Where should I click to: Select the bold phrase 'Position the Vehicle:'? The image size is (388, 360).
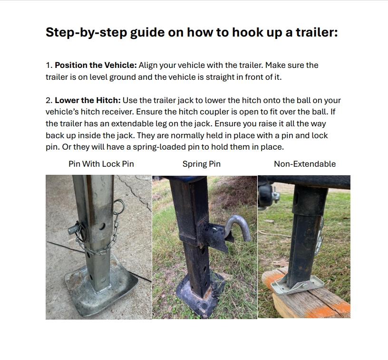(96, 65)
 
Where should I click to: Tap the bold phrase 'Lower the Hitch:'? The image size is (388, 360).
(87, 100)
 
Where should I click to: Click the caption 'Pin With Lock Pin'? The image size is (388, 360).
(101, 164)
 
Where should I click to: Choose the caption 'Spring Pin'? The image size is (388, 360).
(202, 164)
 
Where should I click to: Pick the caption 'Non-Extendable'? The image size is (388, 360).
(305, 164)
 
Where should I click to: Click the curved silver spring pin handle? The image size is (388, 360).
(238, 226)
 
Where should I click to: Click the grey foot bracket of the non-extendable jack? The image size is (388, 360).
(297, 284)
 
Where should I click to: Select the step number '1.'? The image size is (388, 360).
(49, 65)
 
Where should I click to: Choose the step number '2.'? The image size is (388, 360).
(49, 100)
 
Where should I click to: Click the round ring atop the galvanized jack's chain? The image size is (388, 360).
(119, 206)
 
